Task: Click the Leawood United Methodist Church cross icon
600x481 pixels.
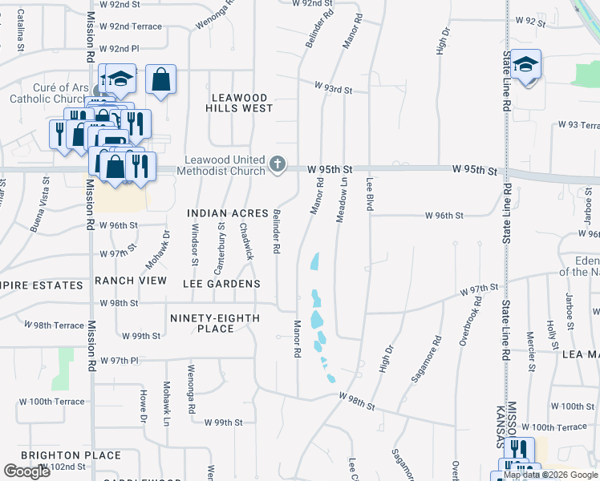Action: (278, 164)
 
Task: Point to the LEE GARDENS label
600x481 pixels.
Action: (221, 284)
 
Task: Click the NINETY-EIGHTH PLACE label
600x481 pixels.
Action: (215, 323)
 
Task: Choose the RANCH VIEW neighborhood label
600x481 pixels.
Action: (131, 281)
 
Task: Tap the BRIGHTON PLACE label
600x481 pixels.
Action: (71, 455)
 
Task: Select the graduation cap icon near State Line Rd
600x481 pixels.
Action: (526, 64)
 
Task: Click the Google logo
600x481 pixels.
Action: (26, 471)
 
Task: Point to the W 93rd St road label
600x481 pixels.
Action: (334, 87)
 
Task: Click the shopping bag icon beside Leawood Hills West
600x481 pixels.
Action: (161, 79)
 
